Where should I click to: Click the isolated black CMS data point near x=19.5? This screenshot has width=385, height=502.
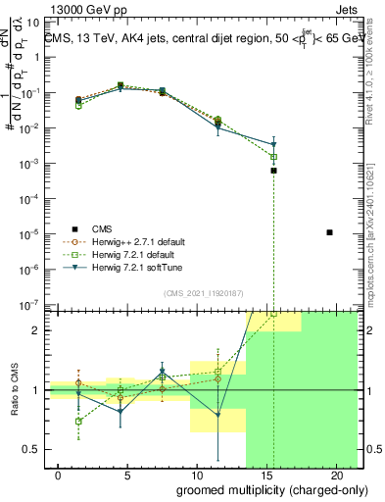tap(329, 232)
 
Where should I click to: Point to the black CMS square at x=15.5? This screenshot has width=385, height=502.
tap(274, 171)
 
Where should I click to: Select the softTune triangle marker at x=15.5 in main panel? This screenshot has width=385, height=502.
tap(274, 145)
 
